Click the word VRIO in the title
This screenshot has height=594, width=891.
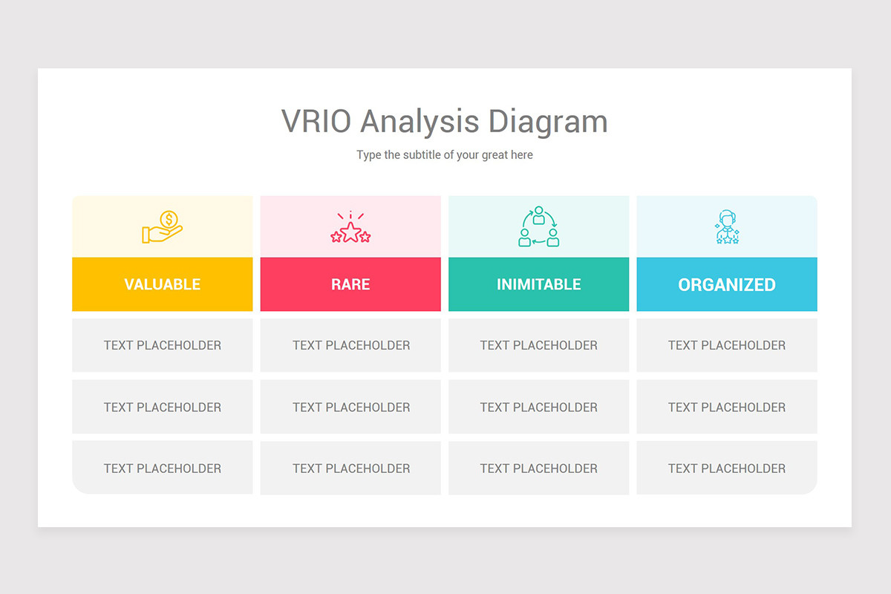316,121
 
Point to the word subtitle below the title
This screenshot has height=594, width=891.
422,154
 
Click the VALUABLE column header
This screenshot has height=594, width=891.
163,284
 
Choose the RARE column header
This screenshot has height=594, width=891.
350,284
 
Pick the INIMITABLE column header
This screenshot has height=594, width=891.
538,284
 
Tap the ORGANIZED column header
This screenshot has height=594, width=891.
727,284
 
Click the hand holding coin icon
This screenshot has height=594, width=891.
163,226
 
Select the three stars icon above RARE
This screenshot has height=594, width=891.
350,227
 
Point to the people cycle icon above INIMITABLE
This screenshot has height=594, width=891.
538,226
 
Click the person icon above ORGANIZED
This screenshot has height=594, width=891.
727,226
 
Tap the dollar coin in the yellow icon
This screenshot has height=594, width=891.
169,219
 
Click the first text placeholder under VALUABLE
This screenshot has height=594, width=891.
163,345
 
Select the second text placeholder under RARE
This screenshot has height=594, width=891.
350,407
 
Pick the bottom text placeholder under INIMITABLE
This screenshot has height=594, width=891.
538,469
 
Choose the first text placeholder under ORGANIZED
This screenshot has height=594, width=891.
727,345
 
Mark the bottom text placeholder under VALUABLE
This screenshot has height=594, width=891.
163,468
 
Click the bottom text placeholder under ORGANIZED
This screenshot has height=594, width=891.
727,468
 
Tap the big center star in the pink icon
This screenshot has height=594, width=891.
350,232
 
